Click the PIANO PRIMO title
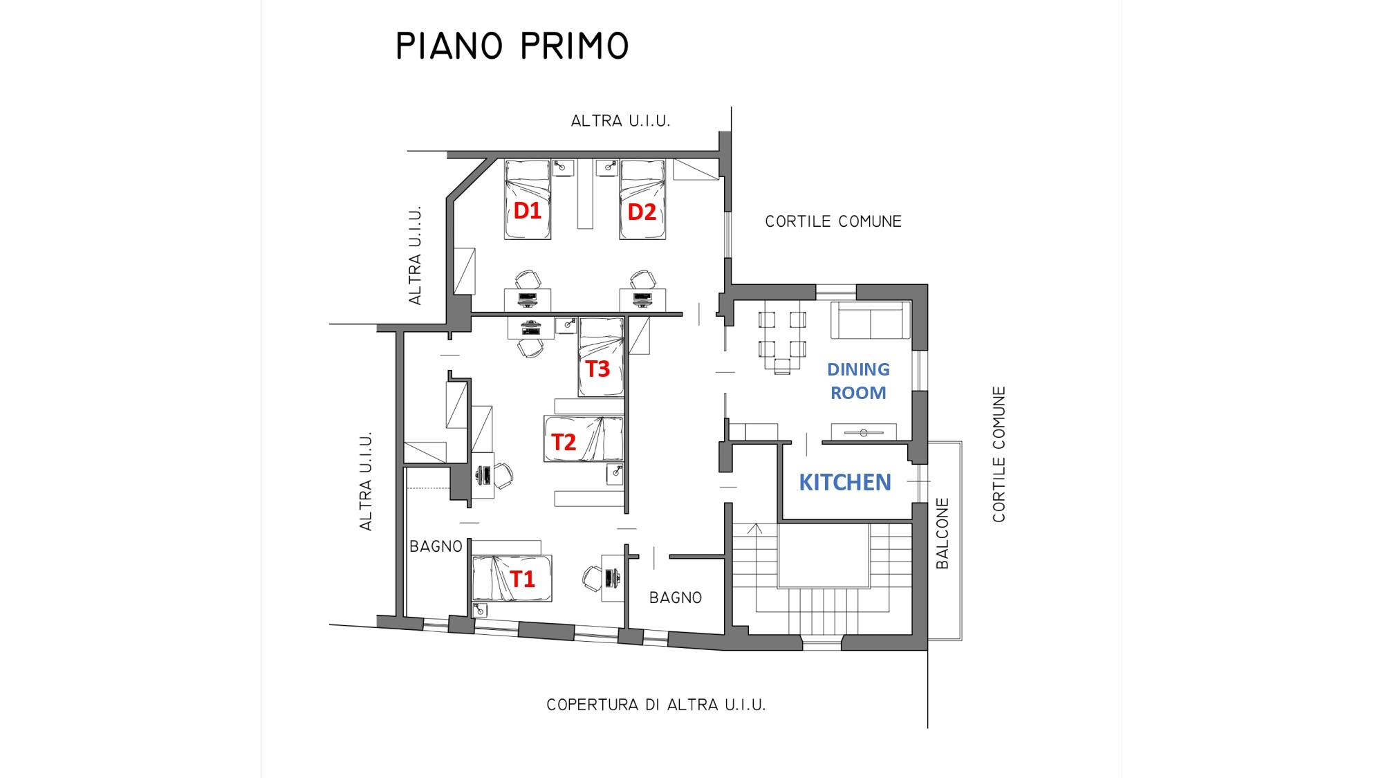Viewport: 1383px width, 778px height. point(512,46)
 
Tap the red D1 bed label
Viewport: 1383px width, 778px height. point(527,210)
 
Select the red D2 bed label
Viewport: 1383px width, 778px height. point(641,212)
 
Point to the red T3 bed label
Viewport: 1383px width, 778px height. point(598,369)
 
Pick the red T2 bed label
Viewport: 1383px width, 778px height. point(564,442)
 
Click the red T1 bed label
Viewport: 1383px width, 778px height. point(522,578)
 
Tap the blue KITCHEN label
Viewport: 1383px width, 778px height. point(845,482)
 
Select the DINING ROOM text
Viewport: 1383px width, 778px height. point(858,380)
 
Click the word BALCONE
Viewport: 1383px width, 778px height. point(942,533)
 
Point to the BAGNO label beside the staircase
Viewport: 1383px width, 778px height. point(676,598)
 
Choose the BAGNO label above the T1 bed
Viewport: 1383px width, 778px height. point(436,546)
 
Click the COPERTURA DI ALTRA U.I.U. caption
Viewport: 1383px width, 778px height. point(656,705)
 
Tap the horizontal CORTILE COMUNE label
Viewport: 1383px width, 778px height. point(833,221)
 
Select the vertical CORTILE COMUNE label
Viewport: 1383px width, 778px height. point(999,454)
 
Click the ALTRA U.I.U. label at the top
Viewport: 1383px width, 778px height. point(620,121)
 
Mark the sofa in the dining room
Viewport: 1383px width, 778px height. point(870,320)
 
